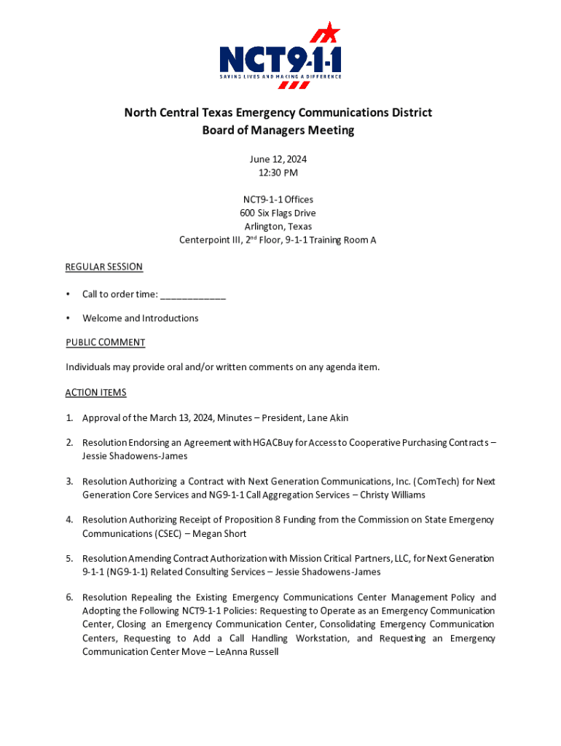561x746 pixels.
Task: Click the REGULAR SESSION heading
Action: click(x=104, y=267)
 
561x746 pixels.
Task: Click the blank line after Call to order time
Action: click(x=193, y=294)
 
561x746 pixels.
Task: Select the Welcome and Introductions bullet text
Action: click(x=140, y=318)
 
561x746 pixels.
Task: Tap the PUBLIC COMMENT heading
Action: click(x=105, y=342)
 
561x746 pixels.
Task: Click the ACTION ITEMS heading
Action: click(x=95, y=393)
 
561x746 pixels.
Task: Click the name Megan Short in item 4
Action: click(x=219, y=534)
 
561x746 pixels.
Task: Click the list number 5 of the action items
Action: click(x=69, y=559)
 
